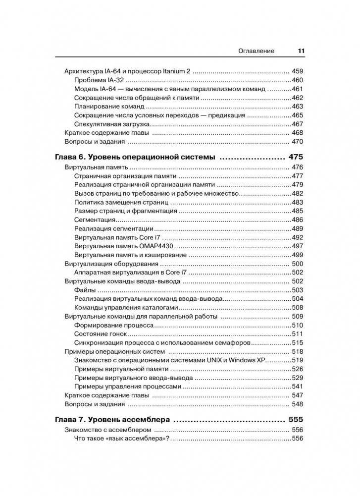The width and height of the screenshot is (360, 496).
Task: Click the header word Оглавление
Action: click(257, 51)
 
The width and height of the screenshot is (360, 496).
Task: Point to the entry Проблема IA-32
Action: click(99, 80)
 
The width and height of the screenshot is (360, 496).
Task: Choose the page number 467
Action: click(297, 124)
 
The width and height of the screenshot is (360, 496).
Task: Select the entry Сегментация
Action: click(95, 220)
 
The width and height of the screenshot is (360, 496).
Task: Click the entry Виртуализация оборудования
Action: click(111, 264)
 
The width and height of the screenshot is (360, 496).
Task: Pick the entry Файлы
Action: click(85, 290)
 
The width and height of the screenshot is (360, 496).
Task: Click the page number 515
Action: click(297, 342)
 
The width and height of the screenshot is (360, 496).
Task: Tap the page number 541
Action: click(297, 386)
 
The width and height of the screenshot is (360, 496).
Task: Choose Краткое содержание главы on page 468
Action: click(107, 133)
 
